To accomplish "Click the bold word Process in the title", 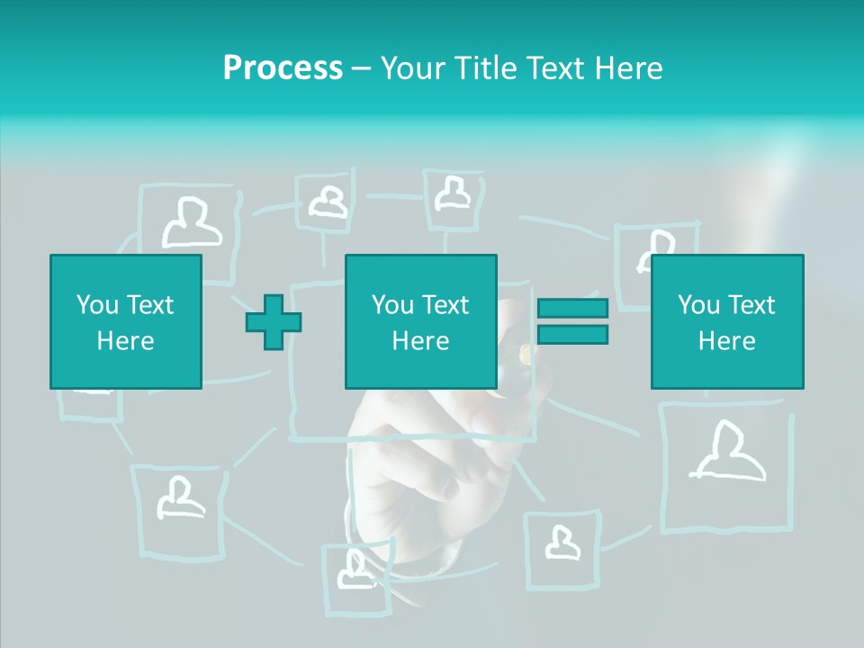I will [283, 68].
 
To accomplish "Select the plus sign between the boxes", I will [274, 322].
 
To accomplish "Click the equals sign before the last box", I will [572, 321].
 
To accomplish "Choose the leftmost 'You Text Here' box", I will [126, 321].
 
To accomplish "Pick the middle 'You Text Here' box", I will [421, 321].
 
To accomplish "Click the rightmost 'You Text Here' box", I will [727, 321].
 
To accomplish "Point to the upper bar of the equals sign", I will [572, 309].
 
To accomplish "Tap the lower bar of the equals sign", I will [572, 334].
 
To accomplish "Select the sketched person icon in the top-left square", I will [191, 223].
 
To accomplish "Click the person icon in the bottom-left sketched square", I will [180, 498].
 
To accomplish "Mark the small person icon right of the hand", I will [562, 542].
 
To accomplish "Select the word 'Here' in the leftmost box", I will [126, 341].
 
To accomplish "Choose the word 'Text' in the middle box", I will [445, 305].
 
